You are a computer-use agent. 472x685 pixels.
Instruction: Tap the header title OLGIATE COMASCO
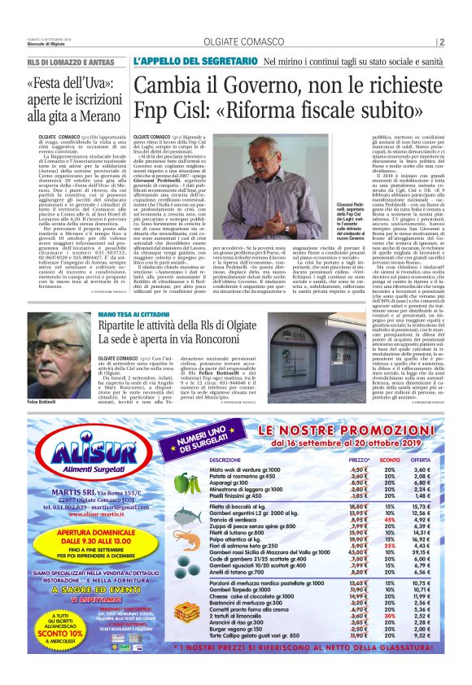click(x=235, y=42)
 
